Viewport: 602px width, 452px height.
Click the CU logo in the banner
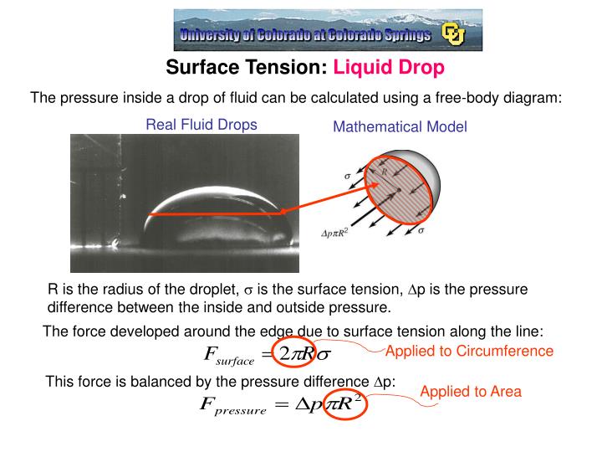(453, 34)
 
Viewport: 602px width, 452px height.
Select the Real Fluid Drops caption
(202, 125)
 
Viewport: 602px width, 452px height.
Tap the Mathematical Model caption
(400, 127)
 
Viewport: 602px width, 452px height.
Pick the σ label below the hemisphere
(421, 231)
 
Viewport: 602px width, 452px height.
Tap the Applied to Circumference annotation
(469, 351)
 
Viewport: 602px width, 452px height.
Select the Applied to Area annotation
(470, 391)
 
